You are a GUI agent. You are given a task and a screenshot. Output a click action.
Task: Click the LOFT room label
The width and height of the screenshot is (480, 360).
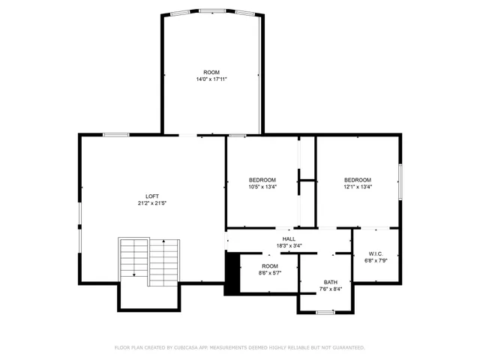point(152,196)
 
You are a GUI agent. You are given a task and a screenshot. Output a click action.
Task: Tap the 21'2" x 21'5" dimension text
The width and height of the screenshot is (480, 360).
point(152,203)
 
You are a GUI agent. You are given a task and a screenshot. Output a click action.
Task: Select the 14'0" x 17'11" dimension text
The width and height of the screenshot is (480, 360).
point(211,79)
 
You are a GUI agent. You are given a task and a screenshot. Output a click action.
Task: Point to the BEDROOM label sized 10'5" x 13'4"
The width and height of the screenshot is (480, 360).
point(262,180)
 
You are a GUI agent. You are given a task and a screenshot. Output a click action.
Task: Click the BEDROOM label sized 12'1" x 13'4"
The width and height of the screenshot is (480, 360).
point(358,180)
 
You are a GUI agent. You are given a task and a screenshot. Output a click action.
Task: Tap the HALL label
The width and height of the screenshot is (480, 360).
point(289,238)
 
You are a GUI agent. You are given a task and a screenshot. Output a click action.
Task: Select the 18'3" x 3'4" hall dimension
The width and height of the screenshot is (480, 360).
point(289,245)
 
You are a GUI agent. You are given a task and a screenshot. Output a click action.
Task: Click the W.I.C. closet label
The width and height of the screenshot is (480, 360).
point(376,253)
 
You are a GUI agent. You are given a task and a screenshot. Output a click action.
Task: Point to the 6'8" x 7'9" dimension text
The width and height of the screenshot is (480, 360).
point(376,260)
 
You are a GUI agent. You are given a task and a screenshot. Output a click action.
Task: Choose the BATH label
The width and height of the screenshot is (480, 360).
point(331,281)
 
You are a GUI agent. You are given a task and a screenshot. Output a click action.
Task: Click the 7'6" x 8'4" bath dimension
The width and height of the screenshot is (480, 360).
point(331,289)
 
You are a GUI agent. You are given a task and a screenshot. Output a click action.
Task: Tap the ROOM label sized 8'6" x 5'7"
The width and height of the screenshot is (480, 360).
point(270,266)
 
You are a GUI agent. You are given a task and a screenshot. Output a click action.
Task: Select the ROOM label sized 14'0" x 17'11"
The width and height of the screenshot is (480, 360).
point(211,71)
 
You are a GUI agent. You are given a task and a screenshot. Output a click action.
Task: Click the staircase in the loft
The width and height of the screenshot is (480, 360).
point(149,260)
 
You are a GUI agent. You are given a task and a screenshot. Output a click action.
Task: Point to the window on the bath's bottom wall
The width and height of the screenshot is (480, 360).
point(325,311)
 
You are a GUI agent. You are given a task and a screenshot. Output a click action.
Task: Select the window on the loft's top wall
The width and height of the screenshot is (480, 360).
point(116,134)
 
